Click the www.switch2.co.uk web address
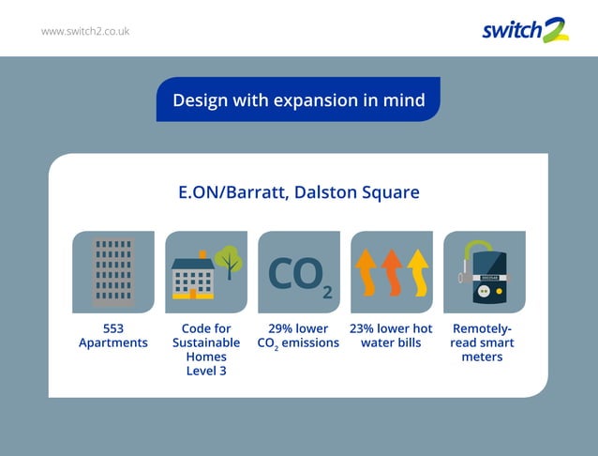[85, 31]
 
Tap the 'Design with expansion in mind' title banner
[298, 99]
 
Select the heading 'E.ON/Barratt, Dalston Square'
[298, 192]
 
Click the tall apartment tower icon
[112, 271]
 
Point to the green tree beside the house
[228, 259]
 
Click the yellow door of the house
[193, 292]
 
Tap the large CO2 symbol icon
[299, 274]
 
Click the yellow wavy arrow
[416, 273]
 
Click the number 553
[112, 328]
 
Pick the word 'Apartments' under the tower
[112, 342]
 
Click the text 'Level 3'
[205, 371]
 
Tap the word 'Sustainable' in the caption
[205, 342]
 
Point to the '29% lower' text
[298, 328]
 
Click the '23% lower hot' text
[391, 328]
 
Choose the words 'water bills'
[391, 342]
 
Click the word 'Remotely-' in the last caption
[483, 328]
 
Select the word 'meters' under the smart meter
[483, 357]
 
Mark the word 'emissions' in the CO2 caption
[310, 342]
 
